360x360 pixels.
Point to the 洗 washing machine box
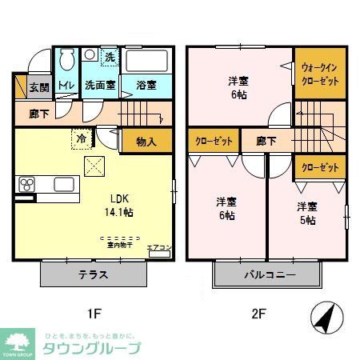pyautogui.click(x=110, y=57)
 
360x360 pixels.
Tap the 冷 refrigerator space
pyautogui.click(x=82, y=137)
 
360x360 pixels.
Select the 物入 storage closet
pyautogui.click(x=146, y=142)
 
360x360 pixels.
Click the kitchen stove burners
pyautogui.click(x=26, y=185)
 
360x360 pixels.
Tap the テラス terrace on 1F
pyautogui.click(x=94, y=274)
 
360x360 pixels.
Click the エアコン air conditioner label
pyautogui.click(x=157, y=248)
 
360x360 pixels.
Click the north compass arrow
pyautogui.click(x=323, y=319)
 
